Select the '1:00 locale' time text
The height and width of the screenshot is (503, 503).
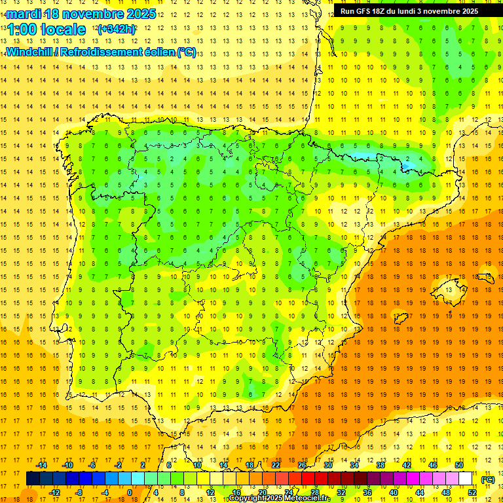tap(46, 29)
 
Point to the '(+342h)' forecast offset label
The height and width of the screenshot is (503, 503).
tap(116, 29)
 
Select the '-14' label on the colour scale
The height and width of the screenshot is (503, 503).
tap(42, 465)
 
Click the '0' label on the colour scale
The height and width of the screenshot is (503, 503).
tap(130, 493)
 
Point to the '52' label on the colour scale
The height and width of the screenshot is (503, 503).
tap(472, 493)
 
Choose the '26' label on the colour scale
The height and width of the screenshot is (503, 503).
tap(301, 465)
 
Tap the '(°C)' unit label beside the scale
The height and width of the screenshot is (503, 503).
tap(488, 479)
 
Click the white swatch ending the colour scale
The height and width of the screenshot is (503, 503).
tap(466, 479)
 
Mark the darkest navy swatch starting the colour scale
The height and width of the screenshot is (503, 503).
tap(33, 479)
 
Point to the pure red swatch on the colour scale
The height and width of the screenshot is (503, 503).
tap(308, 479)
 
